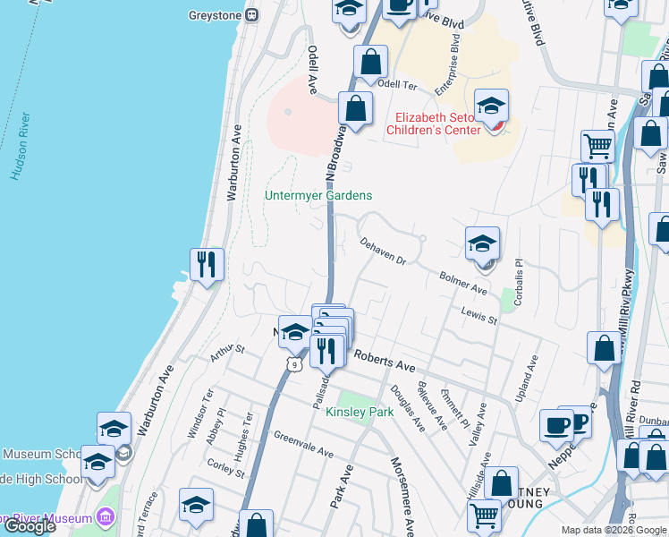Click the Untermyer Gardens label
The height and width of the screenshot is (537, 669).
pyautogui.click(x=318, y=195)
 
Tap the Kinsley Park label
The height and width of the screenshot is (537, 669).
pyautogui.click(x=360, y=413)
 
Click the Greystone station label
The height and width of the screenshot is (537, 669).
pyautogui.click(x=216, y=14)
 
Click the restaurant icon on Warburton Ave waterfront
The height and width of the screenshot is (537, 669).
pyautogui.click(x=207, y=264)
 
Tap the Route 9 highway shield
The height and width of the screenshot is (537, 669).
pyautogui.click(x=293, y=363)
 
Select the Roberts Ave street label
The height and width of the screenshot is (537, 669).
pyautogui.click(x=385, y=361)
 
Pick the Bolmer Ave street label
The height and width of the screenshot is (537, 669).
pyautogui.click(x=463, y=284)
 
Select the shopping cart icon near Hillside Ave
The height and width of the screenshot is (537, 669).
pyautogui.click(x=484, y=515)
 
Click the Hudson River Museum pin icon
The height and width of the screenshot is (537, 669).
pyautogui.click(x=105, y=518)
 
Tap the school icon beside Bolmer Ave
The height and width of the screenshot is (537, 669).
pyautogui.click(x=482, y=243)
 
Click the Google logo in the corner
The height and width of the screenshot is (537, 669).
pyautogui.click(x=30, y=526)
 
